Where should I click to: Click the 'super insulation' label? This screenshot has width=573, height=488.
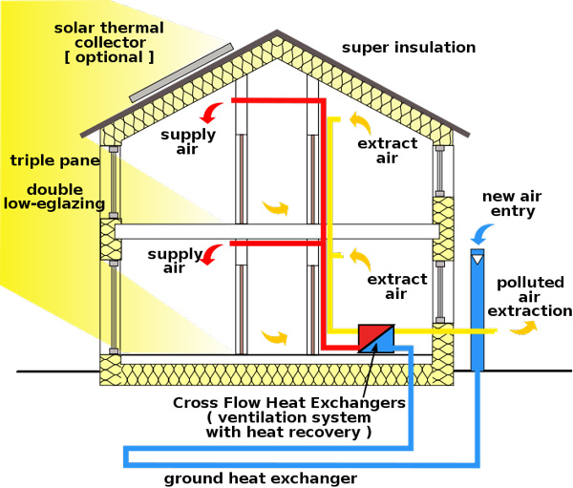point(408,48)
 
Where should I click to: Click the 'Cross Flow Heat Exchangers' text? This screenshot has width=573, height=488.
point(288,403)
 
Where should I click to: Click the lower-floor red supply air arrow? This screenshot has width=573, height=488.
point(216,252)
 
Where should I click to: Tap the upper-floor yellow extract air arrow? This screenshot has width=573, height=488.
point(360,122)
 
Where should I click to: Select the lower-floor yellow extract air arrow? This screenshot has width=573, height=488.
point(360,257)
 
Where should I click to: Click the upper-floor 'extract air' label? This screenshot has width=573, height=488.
point(387,151)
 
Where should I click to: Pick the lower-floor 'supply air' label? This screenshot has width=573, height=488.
point(175,262)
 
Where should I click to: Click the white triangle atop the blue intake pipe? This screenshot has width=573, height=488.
point(478,256)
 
